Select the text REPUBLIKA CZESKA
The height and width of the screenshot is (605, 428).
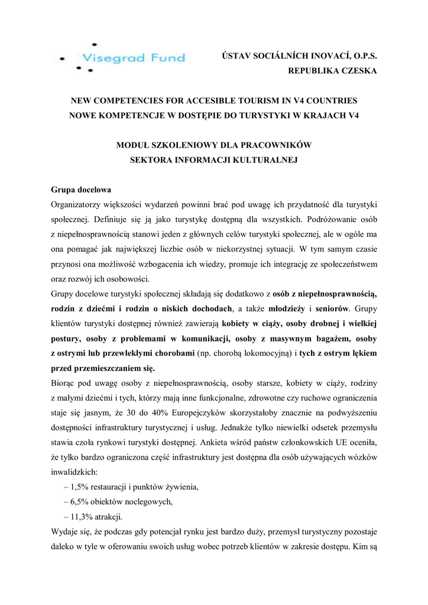click(x=332, y=71)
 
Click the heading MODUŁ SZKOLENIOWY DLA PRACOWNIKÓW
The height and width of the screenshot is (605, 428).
click(x=213, y=145)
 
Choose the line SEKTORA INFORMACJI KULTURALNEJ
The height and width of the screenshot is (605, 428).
click(x=213, y=159)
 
